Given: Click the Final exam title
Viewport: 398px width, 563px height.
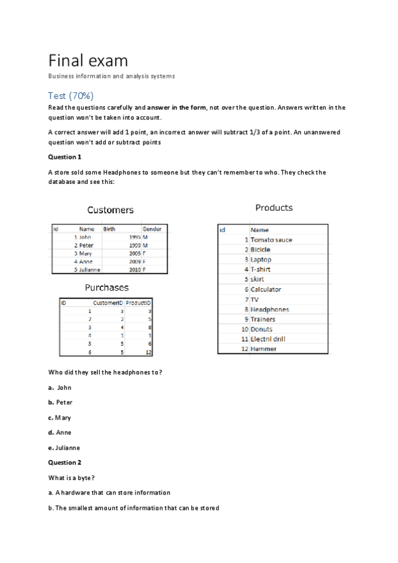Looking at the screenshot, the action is coord(88,61).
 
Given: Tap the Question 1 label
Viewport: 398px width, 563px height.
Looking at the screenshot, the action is coord(65,157).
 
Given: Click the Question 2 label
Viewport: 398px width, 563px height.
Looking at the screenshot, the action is coord(65,462).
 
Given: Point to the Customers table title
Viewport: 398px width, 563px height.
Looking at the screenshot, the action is coord(110,210).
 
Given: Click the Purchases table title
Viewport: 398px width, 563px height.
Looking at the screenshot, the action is coord(106,287).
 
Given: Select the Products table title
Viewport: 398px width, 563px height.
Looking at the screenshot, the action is coord(274,208).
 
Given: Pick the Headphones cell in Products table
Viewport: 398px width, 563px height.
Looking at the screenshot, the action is coord(270,309).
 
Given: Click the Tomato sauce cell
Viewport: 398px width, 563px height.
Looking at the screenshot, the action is coord(271,240).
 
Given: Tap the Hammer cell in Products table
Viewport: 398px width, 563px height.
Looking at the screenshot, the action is coord(264,349).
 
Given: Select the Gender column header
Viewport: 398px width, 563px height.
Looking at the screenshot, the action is coord(152,229).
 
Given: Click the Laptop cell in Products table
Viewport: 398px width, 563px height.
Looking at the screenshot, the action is coord(261,260).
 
